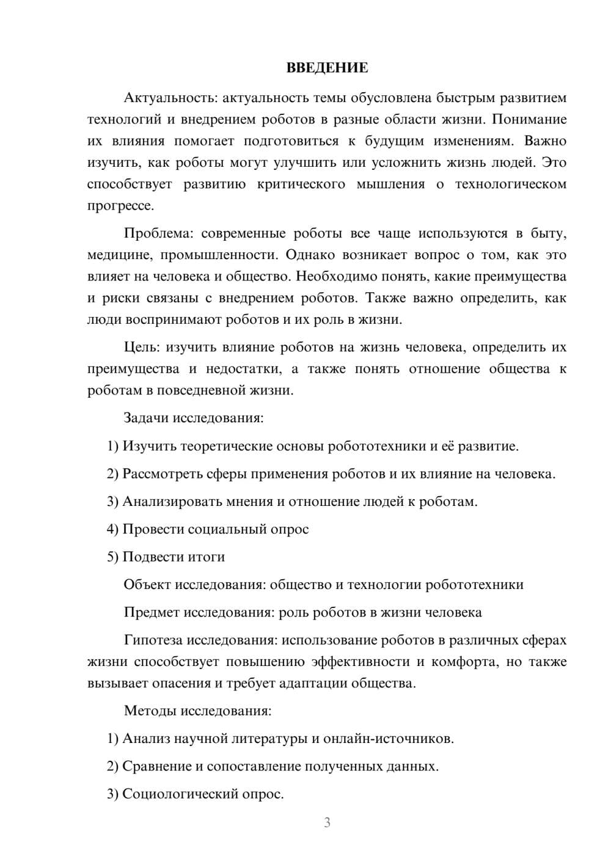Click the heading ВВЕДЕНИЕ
point(327,68)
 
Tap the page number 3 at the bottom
point(327,822)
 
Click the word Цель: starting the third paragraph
point(142,347)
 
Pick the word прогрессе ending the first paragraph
point(119,206)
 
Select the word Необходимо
point(336,276)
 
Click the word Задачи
point(146,418)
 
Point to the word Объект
point(147,585)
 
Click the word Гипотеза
point(153,640)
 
